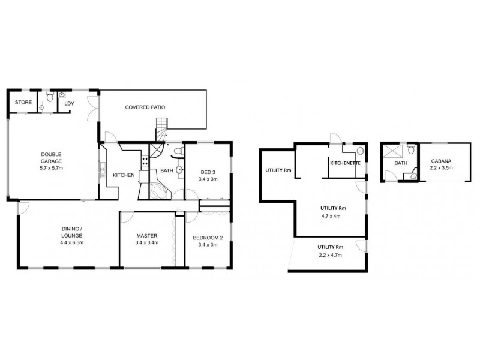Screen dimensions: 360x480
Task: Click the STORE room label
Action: (23, 102)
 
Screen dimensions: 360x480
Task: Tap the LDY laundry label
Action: (69, 103)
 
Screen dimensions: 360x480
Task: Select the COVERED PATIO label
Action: (145, 107)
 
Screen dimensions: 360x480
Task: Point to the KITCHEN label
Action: (124, 175)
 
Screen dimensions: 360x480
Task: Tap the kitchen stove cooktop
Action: (144, 161)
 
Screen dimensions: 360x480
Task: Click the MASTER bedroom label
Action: (146, 236)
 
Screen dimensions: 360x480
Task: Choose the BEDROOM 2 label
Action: (208, 238)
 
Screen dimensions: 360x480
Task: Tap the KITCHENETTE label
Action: (344, 163)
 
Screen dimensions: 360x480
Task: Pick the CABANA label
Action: (442, 161)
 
